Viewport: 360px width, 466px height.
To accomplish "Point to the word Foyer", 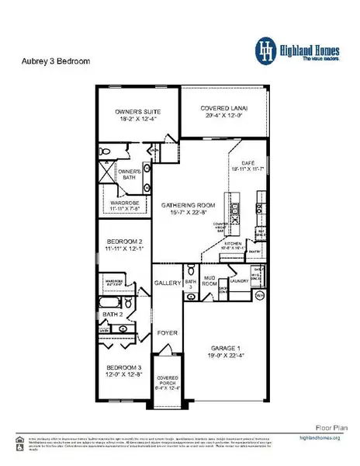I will [168, 333].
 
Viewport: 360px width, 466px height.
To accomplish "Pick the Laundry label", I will [238, 282].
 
